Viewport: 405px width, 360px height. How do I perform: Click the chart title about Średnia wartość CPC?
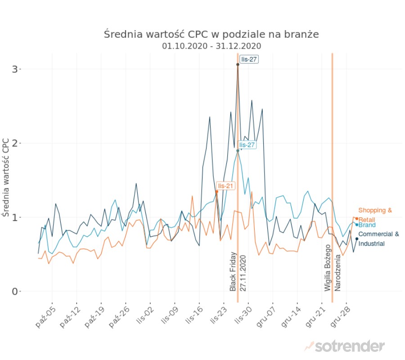click(x=211, y=34)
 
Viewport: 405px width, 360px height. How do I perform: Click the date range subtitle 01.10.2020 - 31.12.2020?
click(x=211, y=46)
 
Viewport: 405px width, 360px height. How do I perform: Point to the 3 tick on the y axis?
click(x=16, y=69)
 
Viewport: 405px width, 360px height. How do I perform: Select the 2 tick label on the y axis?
click(x=16, y=143)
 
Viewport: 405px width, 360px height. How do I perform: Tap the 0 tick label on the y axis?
click(x=16, y=292)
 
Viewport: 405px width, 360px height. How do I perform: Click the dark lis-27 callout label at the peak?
click(x=249, y=59)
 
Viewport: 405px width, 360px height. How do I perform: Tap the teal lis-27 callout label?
click(x=247, y=145)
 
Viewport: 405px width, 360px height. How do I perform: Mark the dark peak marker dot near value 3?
click(x=238, y=64)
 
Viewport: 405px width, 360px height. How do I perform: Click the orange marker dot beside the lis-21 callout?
click(x=216, y=192)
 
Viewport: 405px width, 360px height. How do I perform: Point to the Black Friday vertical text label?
click(x=233, y=271)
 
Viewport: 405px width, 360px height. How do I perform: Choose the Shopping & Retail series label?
click(x=374, y=215)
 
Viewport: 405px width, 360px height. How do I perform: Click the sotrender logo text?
click(x=350, y=346)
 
